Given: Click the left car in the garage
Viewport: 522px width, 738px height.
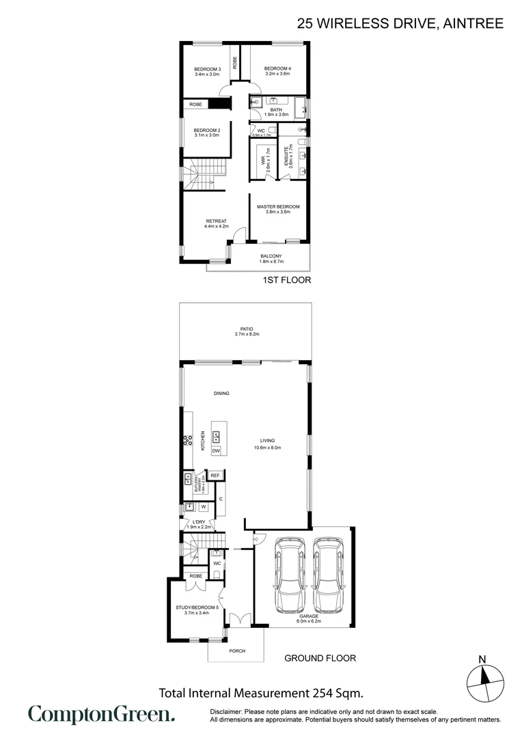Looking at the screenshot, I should tap(288, 575).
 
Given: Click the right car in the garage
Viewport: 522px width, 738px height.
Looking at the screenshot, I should tap(328, 575).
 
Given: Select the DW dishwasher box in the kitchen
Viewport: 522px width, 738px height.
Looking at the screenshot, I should tap(216, 451).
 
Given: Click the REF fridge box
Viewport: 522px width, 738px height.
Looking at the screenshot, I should tap(215, 476).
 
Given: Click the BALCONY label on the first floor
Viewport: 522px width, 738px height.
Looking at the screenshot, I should tap(271, 256).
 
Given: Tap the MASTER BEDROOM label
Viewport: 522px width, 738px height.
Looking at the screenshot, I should tap(278, 206).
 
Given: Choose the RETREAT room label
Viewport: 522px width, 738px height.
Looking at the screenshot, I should tap(216, 221).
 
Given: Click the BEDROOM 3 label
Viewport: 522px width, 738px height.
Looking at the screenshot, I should tap(207, 69).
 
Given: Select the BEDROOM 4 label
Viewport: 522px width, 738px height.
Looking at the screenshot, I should tap(277, 69).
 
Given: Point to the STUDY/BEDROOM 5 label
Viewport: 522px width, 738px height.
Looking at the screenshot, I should tap(196, 607).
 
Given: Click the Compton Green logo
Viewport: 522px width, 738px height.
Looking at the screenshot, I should tap(101, 715).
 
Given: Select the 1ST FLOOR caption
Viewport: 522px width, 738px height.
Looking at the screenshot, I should tap(287, 279).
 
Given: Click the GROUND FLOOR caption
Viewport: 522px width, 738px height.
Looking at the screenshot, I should tap(320, 658).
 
